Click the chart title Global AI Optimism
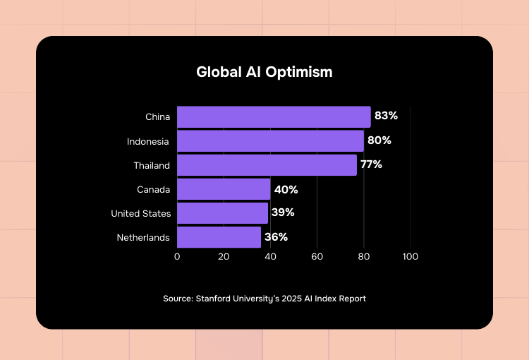pyautogui.click(x=264, y=72)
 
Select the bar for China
pyautogui.click(x=274, y=116)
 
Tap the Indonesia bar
pyautogui.click(x=270, y=140)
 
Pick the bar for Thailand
pyautogui.click(x=267, y=164)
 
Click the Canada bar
pyautogui.click(x=224, y=189)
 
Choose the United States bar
pyautogui.click(x=222, y=212)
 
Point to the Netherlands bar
pyautogui.click(x=219, y=237)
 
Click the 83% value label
pyautogui.click(x=386, y=116)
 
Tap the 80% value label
pyautogui.click(x=379, y=140)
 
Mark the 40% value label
pyautogui.click(x=286, y=189)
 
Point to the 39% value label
pyautogui.click(x=283, y=212)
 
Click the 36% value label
pyautogui.click(x=276, y=237)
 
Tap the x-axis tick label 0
pyautogui.click(x=177, y=256)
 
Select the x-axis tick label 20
pyautogui.click(x=224, y=256)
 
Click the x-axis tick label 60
pyautogui.click(x=317, y=256)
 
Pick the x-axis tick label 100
pyautogui.click(x=410, y=256)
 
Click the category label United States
pyautogui.click(x=140, y=213)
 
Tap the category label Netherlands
pyautogui.click(x=143, y=237)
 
